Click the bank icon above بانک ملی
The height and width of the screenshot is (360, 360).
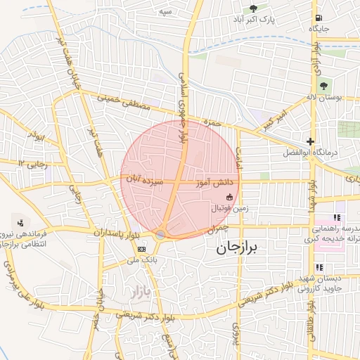point(143,249)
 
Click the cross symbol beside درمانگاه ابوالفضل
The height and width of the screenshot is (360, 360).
point(310,141)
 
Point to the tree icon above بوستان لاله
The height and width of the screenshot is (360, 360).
point(323,86)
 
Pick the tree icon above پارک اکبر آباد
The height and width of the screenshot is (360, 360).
point(254,9)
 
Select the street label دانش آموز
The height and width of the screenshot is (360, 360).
point(219,182)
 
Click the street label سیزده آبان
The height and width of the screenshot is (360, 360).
point(144,181)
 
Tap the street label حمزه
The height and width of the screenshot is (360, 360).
point(207,122)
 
